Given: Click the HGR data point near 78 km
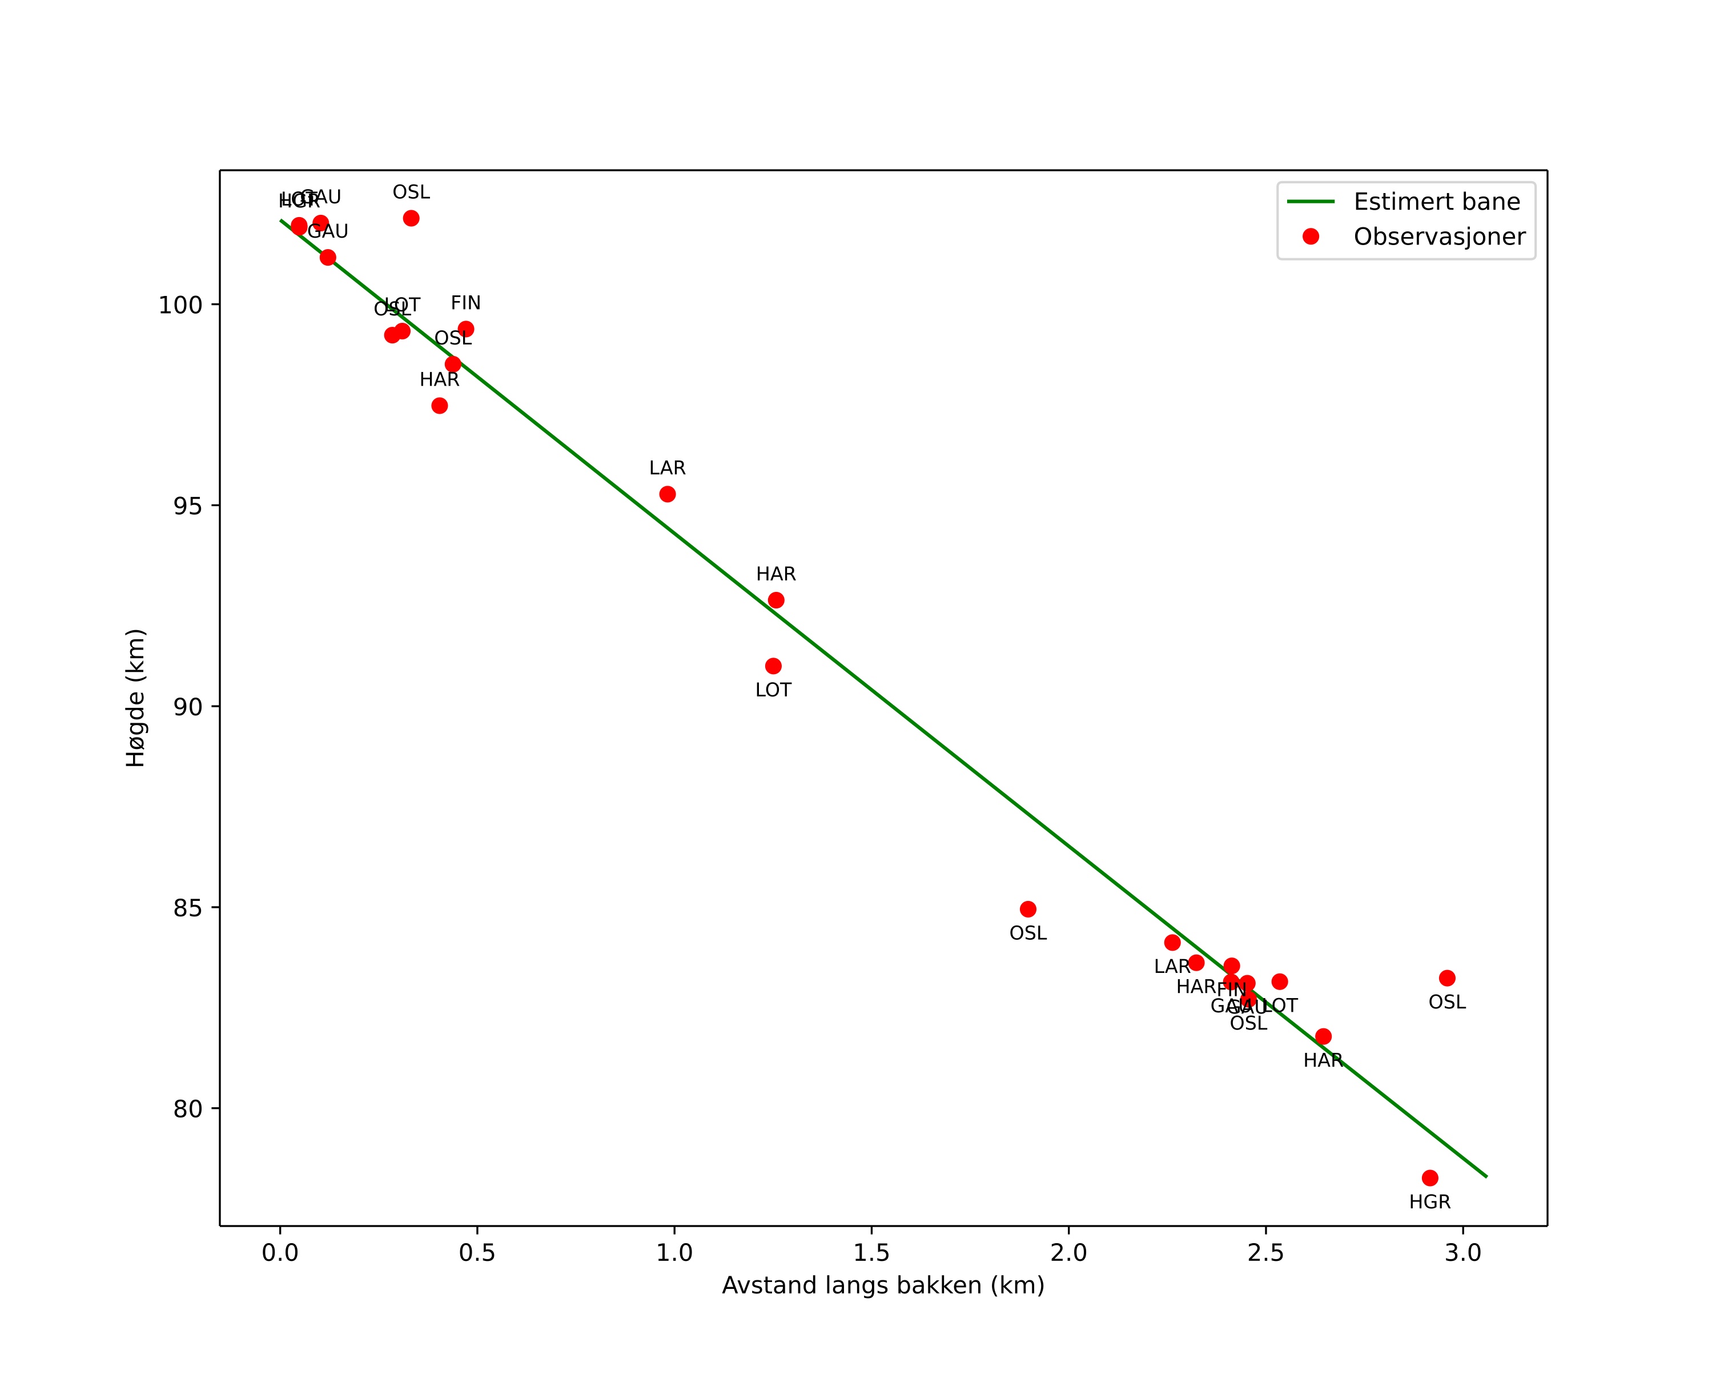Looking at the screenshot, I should tap(1430, 1178).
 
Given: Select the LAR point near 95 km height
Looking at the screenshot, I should tap(668, 494).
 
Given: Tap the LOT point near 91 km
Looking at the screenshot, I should tap(773, 666).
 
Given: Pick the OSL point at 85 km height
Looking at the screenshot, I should tap(1028, 910).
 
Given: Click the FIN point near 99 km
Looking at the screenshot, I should tap(466, 330).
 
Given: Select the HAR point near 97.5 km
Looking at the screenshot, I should tap(440, 406).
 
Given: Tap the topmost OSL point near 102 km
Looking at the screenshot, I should tap(411, 218).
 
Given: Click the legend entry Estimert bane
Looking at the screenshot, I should tap(1436, 202).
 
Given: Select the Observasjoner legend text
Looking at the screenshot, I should tap(1440, 237).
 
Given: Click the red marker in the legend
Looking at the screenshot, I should tap(1311, 237).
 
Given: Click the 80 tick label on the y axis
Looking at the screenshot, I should tap(187, 1109).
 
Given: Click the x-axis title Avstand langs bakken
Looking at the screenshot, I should tap(883, 1285).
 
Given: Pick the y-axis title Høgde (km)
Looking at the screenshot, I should tap(136, 698).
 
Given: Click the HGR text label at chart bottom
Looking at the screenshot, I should tap(1430, 1202).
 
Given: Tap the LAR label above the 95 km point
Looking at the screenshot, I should tap(668, 468).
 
